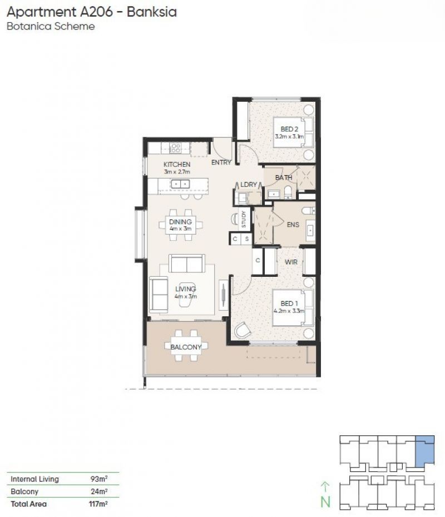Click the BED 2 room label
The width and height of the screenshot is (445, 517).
pyautogui.click(x=289, y=129)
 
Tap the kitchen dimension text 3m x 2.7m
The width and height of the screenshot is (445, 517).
pyautogui.click(x=177, y=172)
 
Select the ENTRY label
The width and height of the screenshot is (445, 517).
pyautogui.click(x=221, y=162)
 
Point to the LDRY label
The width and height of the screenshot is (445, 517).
pyautogui.click(x=249, y=185)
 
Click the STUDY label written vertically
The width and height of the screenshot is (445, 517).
pyautogui.click(x=244, y=219)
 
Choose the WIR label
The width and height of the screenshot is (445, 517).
pyautogui.click(x=291, y=262)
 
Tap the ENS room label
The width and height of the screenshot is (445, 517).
pyautogui.click(x=293, y=225)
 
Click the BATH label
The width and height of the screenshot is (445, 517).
pyautogui.click(x=284, y=178)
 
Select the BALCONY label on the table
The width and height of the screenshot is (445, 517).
pyautogui.click(x=186, y=347)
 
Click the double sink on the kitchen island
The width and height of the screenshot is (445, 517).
pyautogui.click(x=180, y=183)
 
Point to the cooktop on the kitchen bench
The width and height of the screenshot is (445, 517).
pyautogui.click(x=175, y=148)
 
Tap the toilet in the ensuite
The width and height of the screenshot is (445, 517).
pyautogui.click(x=308, y=210)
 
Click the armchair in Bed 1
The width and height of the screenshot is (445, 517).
pyautogui.click(x=243, y=330)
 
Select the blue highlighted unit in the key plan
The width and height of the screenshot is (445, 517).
pyautogui.click(x=425, y=450)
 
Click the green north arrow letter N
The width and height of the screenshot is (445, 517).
pyautogui.click(x=325, y=502)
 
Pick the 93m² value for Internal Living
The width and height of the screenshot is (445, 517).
pyautogui.click(x=99, y=479)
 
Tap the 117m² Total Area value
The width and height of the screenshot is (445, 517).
pyautogui.click(x=98, y=504)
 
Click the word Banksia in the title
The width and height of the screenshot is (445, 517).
pyautogui.click(x=152, y=12)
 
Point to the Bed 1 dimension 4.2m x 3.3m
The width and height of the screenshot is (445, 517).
pyautogui.click(x=289, y=311)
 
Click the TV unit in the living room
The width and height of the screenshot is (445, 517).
pyautogui.click(x=223, y=295)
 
